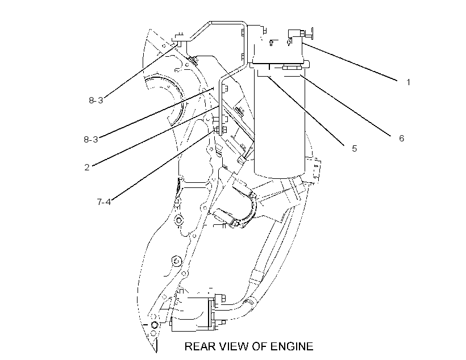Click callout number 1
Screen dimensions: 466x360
[409, 82]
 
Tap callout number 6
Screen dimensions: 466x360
[402, 138]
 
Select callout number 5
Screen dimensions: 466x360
[354, 149]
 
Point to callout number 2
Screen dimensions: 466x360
[87, 168]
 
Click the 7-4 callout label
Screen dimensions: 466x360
[104, 202]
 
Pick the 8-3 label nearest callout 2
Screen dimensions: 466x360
[91, 139]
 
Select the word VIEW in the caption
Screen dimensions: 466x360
[235, 346]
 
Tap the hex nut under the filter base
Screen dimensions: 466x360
[292, 68]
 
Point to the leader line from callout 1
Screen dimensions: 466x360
[350, 62]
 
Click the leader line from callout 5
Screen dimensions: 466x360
[306, 111]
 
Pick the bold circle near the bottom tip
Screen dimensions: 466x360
[154, 324]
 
